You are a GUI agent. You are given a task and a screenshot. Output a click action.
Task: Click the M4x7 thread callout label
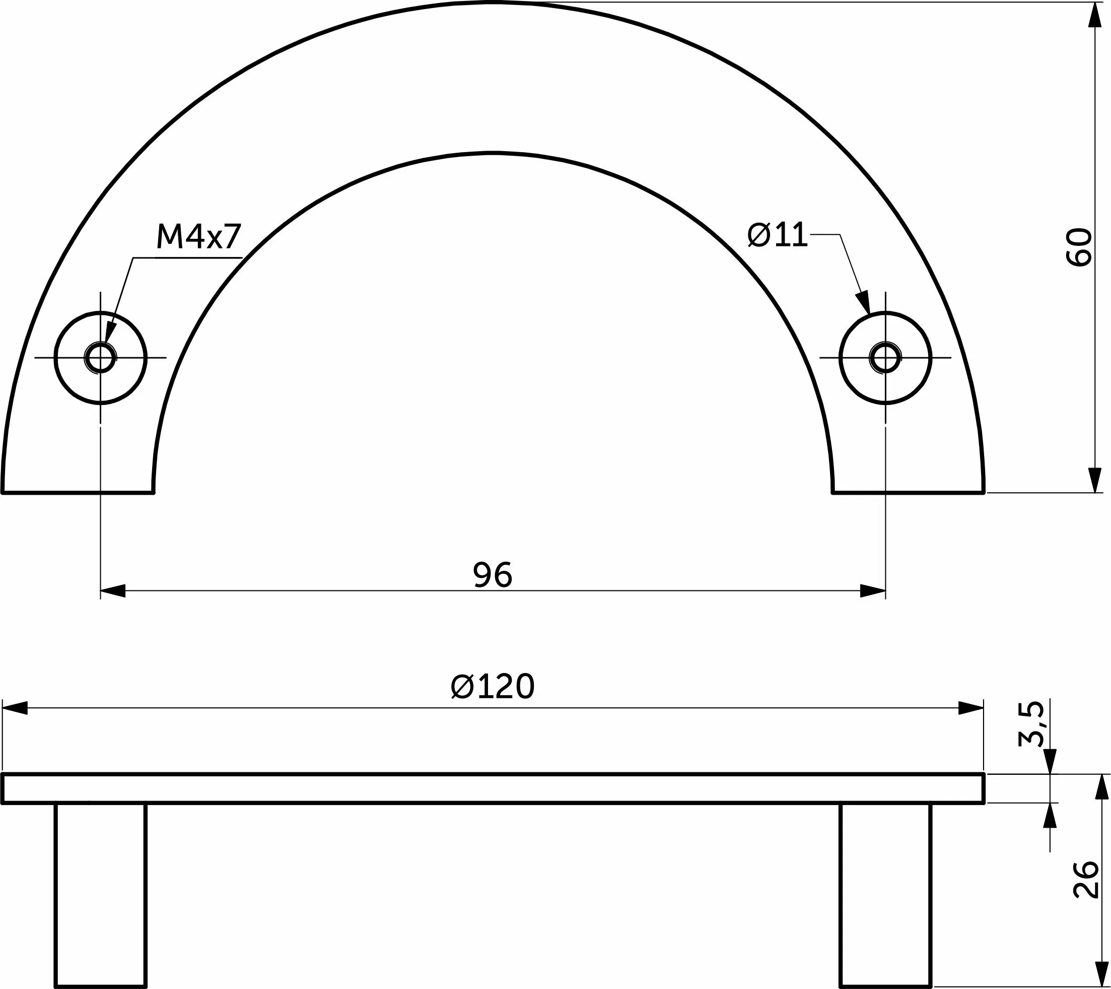(198, 236)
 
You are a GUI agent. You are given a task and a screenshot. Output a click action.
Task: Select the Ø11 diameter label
(778, 235)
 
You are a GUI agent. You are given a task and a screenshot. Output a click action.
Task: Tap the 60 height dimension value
(1078, 247)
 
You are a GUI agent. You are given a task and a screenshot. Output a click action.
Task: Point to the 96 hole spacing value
(493, 575)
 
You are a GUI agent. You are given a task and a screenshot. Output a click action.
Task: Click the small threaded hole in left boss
(101, 358)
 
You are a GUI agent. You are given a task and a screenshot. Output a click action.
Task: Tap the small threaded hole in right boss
(885, 358)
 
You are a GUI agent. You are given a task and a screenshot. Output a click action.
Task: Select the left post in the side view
(101, 895)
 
